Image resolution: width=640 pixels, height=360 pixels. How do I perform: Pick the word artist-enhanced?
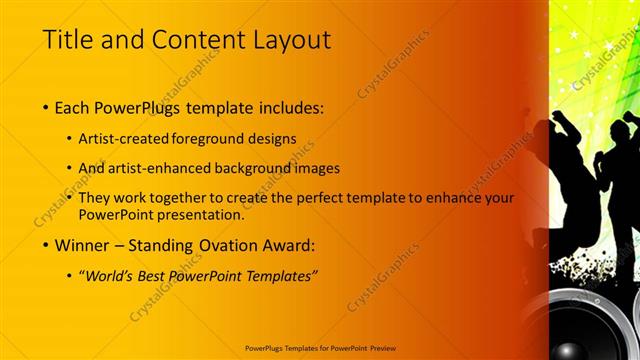click(x=174, y=169)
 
